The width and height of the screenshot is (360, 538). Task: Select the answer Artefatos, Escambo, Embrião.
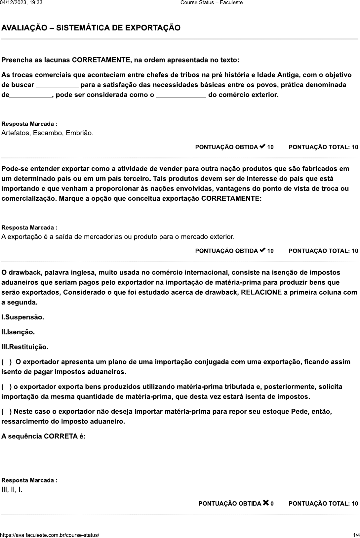tap(47, 133)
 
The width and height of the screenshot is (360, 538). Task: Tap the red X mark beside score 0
tap(266, 503)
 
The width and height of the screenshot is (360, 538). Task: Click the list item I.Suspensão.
tap(23, 317)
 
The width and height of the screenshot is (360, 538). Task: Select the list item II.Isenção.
tap(18, 332)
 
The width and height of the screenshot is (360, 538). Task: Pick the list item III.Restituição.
tap(25, 347)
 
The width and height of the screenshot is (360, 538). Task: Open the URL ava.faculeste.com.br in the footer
tap(50, 535)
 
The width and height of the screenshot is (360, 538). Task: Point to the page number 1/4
tap(356, 535)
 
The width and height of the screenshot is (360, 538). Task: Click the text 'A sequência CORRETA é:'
tap(43, 436)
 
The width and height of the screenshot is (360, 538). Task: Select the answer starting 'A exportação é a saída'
tap(118, 237)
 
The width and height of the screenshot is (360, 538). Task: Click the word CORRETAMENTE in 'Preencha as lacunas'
tap(101, 60)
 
